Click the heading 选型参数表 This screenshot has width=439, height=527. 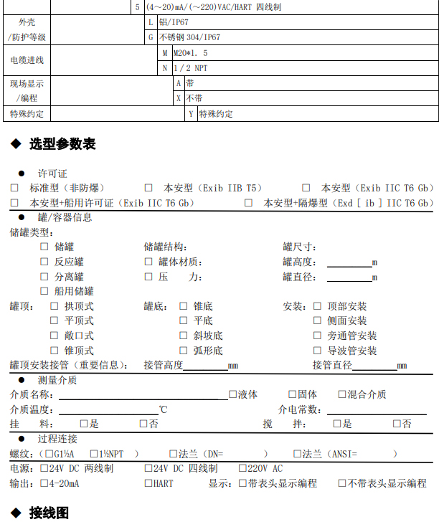[62, 144]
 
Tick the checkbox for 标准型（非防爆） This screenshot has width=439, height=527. [14, 188]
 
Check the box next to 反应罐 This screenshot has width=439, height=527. [44, 262]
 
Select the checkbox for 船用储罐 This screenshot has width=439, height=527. [44, 291]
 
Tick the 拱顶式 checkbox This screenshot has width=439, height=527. [54, 306]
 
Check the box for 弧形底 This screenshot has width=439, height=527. [184, 351]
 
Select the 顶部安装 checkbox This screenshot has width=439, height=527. [317, 306]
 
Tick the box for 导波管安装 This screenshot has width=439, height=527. [317, 351]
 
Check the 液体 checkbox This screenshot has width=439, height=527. [232, 394]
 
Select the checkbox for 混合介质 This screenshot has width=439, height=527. [341, 394]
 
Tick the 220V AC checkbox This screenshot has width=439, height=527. [242, 468]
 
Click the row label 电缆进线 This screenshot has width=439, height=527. [27, 60]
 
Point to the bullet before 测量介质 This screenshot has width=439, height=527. [22, 380]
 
